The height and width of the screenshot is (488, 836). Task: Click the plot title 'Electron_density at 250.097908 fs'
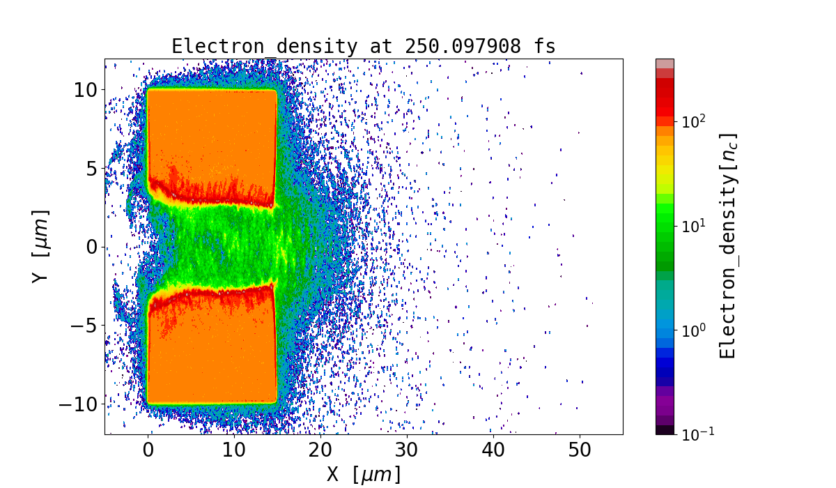tap(363, 47)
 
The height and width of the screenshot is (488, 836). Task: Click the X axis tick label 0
tap(148, 451)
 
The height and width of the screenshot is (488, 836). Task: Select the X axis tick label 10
tap(235, 451)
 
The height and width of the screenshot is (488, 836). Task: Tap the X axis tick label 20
tap(320, 451)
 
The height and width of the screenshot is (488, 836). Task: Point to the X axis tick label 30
tap(407, 451)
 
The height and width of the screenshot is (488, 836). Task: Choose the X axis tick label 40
tap(493, 451)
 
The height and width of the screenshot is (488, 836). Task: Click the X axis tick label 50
tap(580, 451)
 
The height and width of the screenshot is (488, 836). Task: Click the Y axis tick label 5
tap(91, 168)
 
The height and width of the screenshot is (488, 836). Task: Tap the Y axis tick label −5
tap(84, 326)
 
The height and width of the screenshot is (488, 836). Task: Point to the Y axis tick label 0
tap(91, 247)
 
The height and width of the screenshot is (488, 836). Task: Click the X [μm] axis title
tap(364, 475)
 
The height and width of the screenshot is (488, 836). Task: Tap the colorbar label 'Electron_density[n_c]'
tap(728, 246)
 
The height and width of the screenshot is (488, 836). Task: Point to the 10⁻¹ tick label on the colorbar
tap(695, 434)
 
